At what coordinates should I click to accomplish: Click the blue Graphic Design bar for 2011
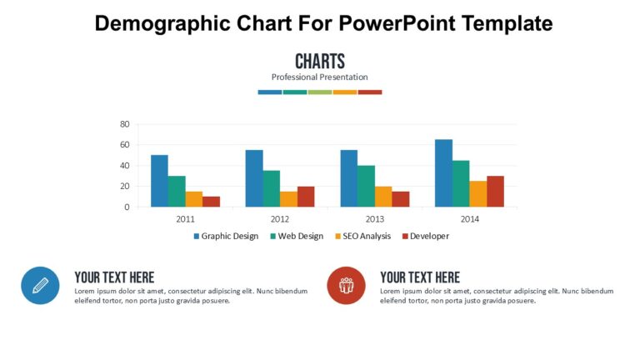pos(159,181)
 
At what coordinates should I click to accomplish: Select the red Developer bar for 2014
pos(495,191)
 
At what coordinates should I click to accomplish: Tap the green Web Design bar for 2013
pos(366,186)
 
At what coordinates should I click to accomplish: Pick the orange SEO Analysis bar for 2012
pos(288,199)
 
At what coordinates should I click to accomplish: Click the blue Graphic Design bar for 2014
pos(443,173)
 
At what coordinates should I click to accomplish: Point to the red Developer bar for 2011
pos(211,202)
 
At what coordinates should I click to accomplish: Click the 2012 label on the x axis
pos(280,218)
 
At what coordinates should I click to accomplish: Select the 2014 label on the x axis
pos(469,218)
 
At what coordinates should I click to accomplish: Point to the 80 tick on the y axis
pos(125,124)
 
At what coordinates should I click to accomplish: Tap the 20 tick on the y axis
pos(125,186)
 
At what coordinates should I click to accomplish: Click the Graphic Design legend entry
pos(226,236)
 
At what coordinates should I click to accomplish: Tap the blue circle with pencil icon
pos(40,286)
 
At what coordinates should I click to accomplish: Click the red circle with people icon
pos(346,286)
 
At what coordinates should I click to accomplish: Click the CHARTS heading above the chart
pos(320,61)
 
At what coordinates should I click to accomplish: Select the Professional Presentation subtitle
pos(320,77)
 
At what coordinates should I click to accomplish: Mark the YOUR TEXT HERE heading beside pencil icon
pos(114,277)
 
